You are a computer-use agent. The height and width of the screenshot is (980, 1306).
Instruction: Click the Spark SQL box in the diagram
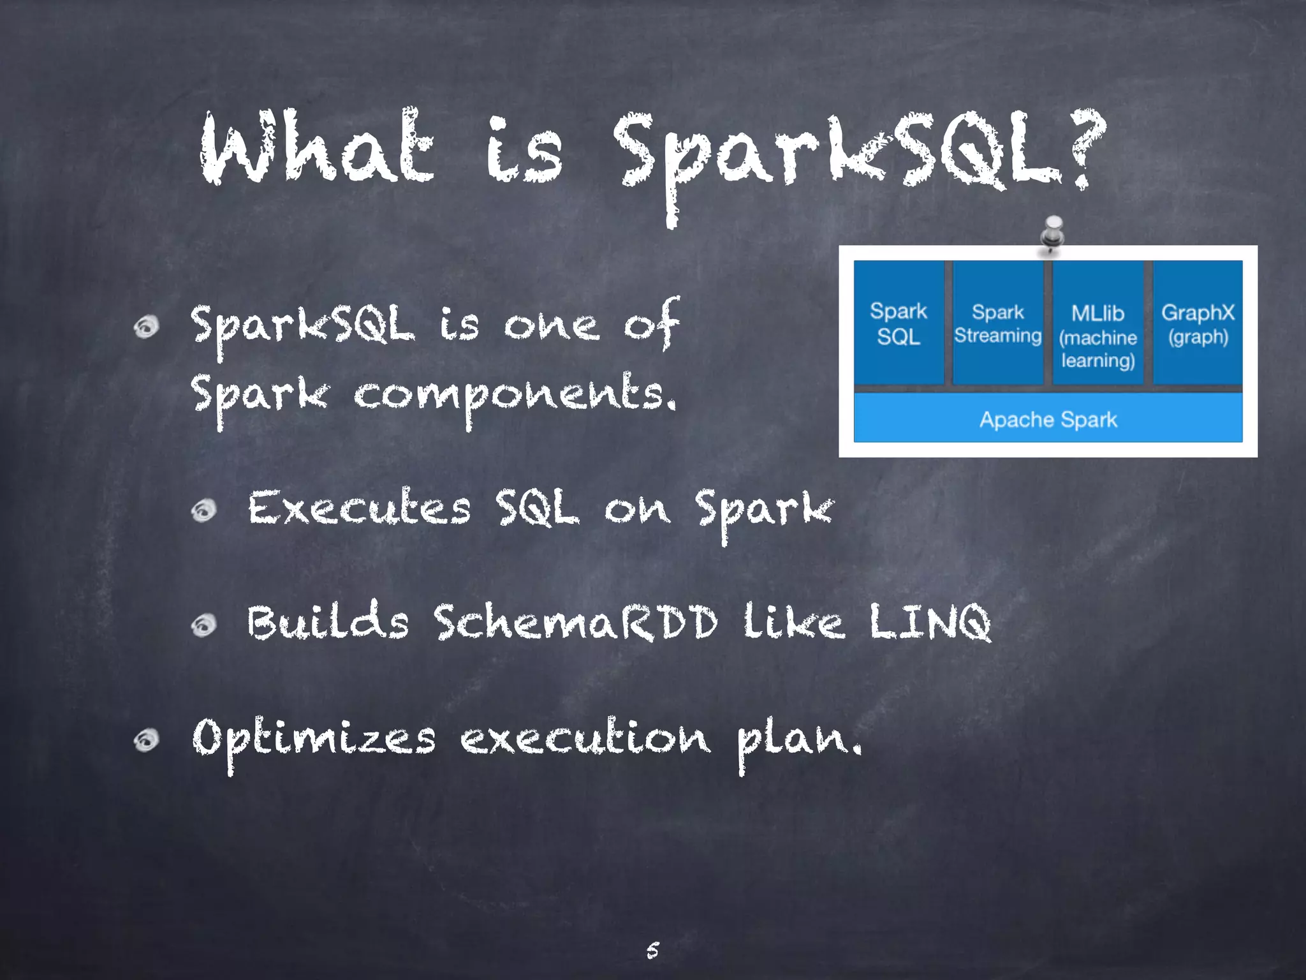(899, 323)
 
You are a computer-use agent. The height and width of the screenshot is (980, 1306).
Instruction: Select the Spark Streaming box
(997, 323)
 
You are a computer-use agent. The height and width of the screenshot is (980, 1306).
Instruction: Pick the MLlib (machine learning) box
(1097, 323)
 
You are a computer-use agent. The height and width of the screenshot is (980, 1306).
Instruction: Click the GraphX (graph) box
(1198, 323)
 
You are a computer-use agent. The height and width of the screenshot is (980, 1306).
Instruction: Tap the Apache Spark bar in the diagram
(1048, 419)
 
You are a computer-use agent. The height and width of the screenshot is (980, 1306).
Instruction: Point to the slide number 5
(652, 950)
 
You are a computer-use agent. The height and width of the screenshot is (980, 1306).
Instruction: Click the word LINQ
(930, 621)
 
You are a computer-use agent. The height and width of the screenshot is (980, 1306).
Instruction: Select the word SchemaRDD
(575, 621)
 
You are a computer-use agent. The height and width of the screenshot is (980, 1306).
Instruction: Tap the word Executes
(359, 509)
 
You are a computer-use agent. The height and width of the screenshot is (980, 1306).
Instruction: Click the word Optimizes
(314, 739)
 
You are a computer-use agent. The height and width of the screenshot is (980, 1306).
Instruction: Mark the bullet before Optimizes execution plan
(147, 740)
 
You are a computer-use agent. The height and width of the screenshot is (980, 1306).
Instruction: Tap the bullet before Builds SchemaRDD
(204, 625)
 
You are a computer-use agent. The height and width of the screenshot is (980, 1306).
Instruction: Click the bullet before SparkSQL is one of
(147, 327)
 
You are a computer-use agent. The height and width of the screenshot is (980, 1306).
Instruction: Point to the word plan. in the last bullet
(799, 740)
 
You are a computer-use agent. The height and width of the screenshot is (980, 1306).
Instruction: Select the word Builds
(328, 621)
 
